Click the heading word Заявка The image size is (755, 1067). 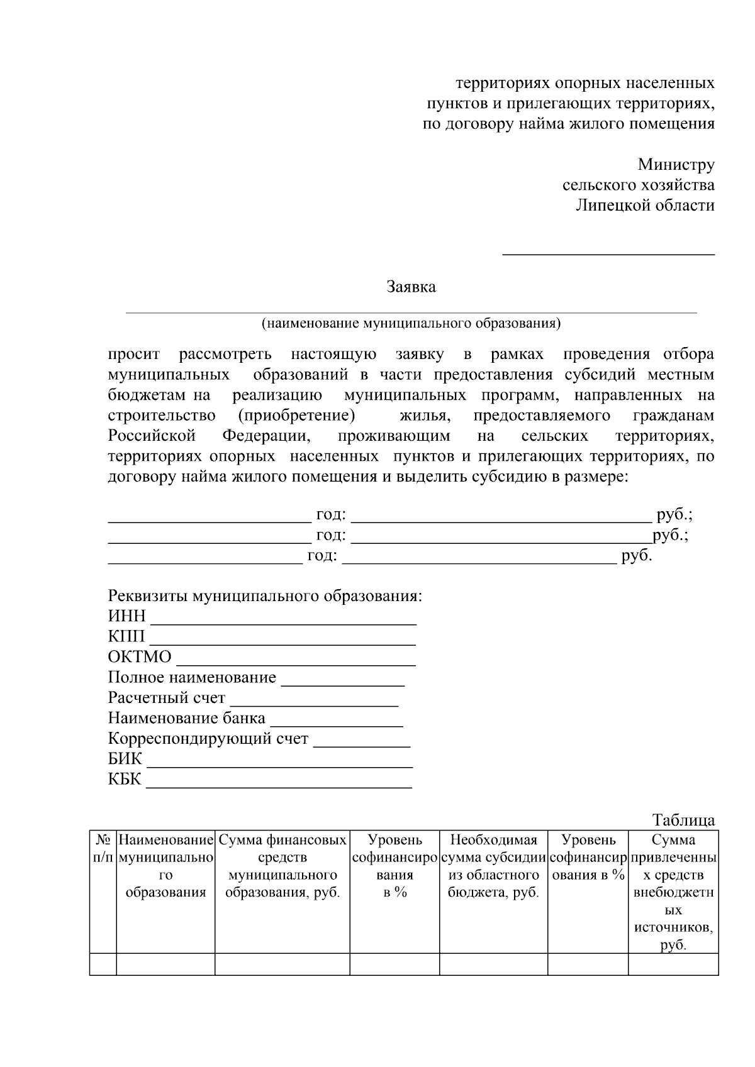coord(411,287)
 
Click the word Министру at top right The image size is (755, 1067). coord(676,165)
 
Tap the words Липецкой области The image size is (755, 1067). coord(645,205)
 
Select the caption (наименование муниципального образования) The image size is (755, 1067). coord(411,324)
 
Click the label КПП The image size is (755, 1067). coord(126,636)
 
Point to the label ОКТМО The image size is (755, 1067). coord(139,657)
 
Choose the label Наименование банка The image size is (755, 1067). coord(186,718)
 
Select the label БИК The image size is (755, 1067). coord(125,759)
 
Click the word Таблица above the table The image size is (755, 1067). coord(683,820)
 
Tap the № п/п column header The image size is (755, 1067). coord(103,849)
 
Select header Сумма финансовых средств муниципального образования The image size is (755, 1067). coord(282,866)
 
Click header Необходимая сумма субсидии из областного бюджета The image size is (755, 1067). coord(493,866)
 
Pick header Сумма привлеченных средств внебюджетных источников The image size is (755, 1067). coord(673,892)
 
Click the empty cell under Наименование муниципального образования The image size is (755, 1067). coord(165,964)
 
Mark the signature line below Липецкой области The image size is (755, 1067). coord(608,253)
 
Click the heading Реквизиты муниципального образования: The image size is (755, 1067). coord(265,595)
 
